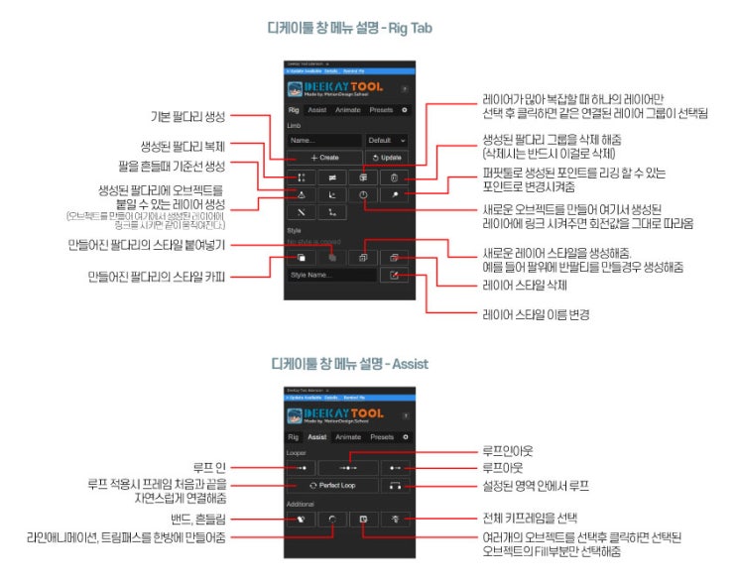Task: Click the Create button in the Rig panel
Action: point(324,158)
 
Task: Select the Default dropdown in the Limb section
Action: point(387,140)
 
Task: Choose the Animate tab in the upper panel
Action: point(347,110)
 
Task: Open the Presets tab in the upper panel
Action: point(381,110)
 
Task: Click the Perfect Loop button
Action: point(332,487)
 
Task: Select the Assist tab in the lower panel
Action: point(317,437)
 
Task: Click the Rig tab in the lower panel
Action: point(294,437)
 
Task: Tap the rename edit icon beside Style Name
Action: point(395,275)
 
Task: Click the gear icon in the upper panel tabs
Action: point(404,110)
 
